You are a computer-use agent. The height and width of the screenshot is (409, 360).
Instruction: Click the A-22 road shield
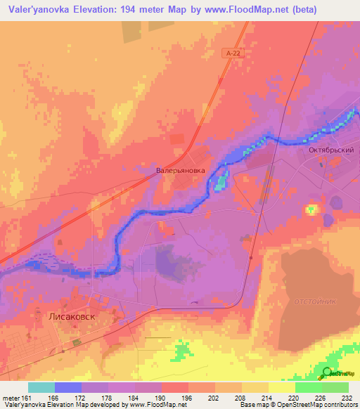234,53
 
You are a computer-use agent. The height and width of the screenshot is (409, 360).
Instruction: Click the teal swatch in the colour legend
41,387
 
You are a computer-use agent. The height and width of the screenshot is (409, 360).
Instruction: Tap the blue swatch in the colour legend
68,387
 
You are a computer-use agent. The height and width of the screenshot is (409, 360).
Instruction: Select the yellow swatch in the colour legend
282,387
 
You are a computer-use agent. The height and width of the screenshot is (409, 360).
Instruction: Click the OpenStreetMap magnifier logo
328,373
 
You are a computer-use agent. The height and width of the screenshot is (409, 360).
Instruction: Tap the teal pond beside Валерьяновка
221,182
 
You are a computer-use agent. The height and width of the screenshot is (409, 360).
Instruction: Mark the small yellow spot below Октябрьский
311,209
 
